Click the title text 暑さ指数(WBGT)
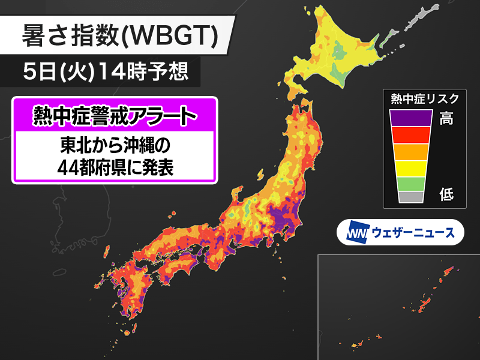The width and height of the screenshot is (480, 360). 118,37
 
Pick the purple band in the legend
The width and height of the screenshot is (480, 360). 410,118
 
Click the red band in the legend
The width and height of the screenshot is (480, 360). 410,135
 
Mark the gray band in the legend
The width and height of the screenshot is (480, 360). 410,196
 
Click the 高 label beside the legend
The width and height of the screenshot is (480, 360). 446,118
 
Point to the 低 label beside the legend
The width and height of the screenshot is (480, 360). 446,194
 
